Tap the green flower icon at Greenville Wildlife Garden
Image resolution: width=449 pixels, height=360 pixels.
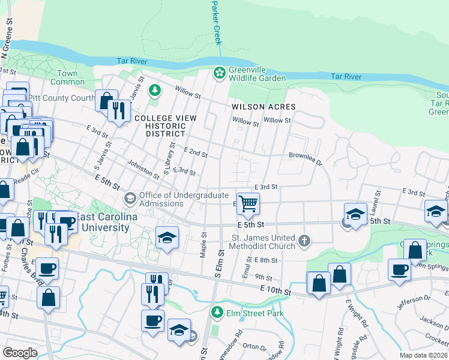pyautogui.click(x=219, y=73)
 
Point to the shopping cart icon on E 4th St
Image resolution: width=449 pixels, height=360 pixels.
pyautogui.click(x=248, y=203)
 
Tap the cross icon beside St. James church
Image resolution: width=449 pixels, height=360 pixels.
pyautogui.click(x=304, y=242)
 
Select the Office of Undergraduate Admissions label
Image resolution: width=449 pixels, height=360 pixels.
pyautogui.click(x=184, y=199)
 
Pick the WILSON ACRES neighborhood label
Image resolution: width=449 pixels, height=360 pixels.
pyautogui.click(x=264, y=106)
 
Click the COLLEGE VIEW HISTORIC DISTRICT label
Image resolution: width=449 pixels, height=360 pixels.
pyautogui.click(x=164, y=125)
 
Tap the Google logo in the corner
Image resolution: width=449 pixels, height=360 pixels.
pyautogui.click(x=20, y=353)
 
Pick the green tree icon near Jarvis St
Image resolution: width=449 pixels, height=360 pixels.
pyautogui.click(x=155, y=90)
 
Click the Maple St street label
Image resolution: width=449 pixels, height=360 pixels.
pyautogui.click(x=203, y=246)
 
